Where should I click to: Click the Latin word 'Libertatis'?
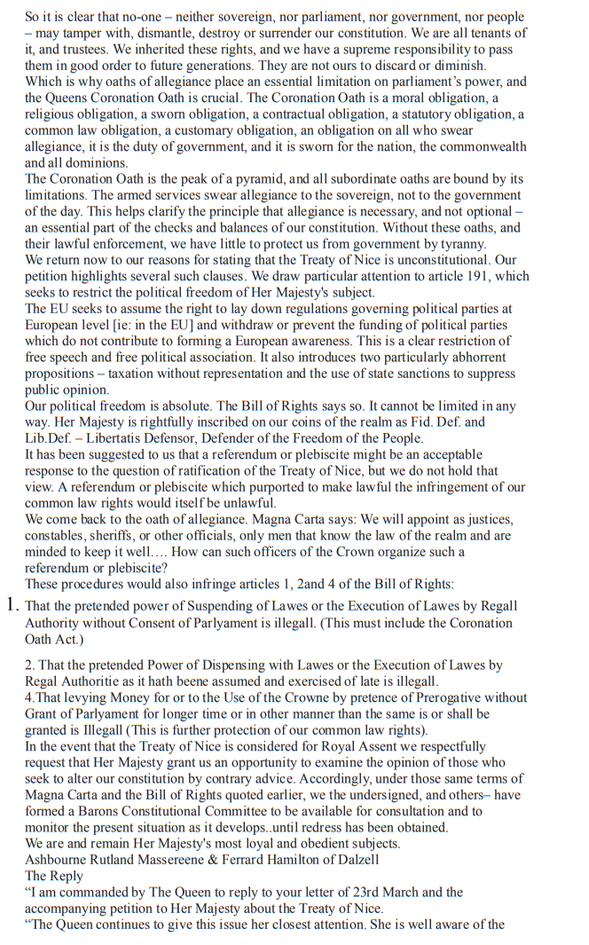coord(129,438)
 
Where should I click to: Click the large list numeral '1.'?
coord(12,605)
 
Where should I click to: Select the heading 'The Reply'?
coord(54,876)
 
